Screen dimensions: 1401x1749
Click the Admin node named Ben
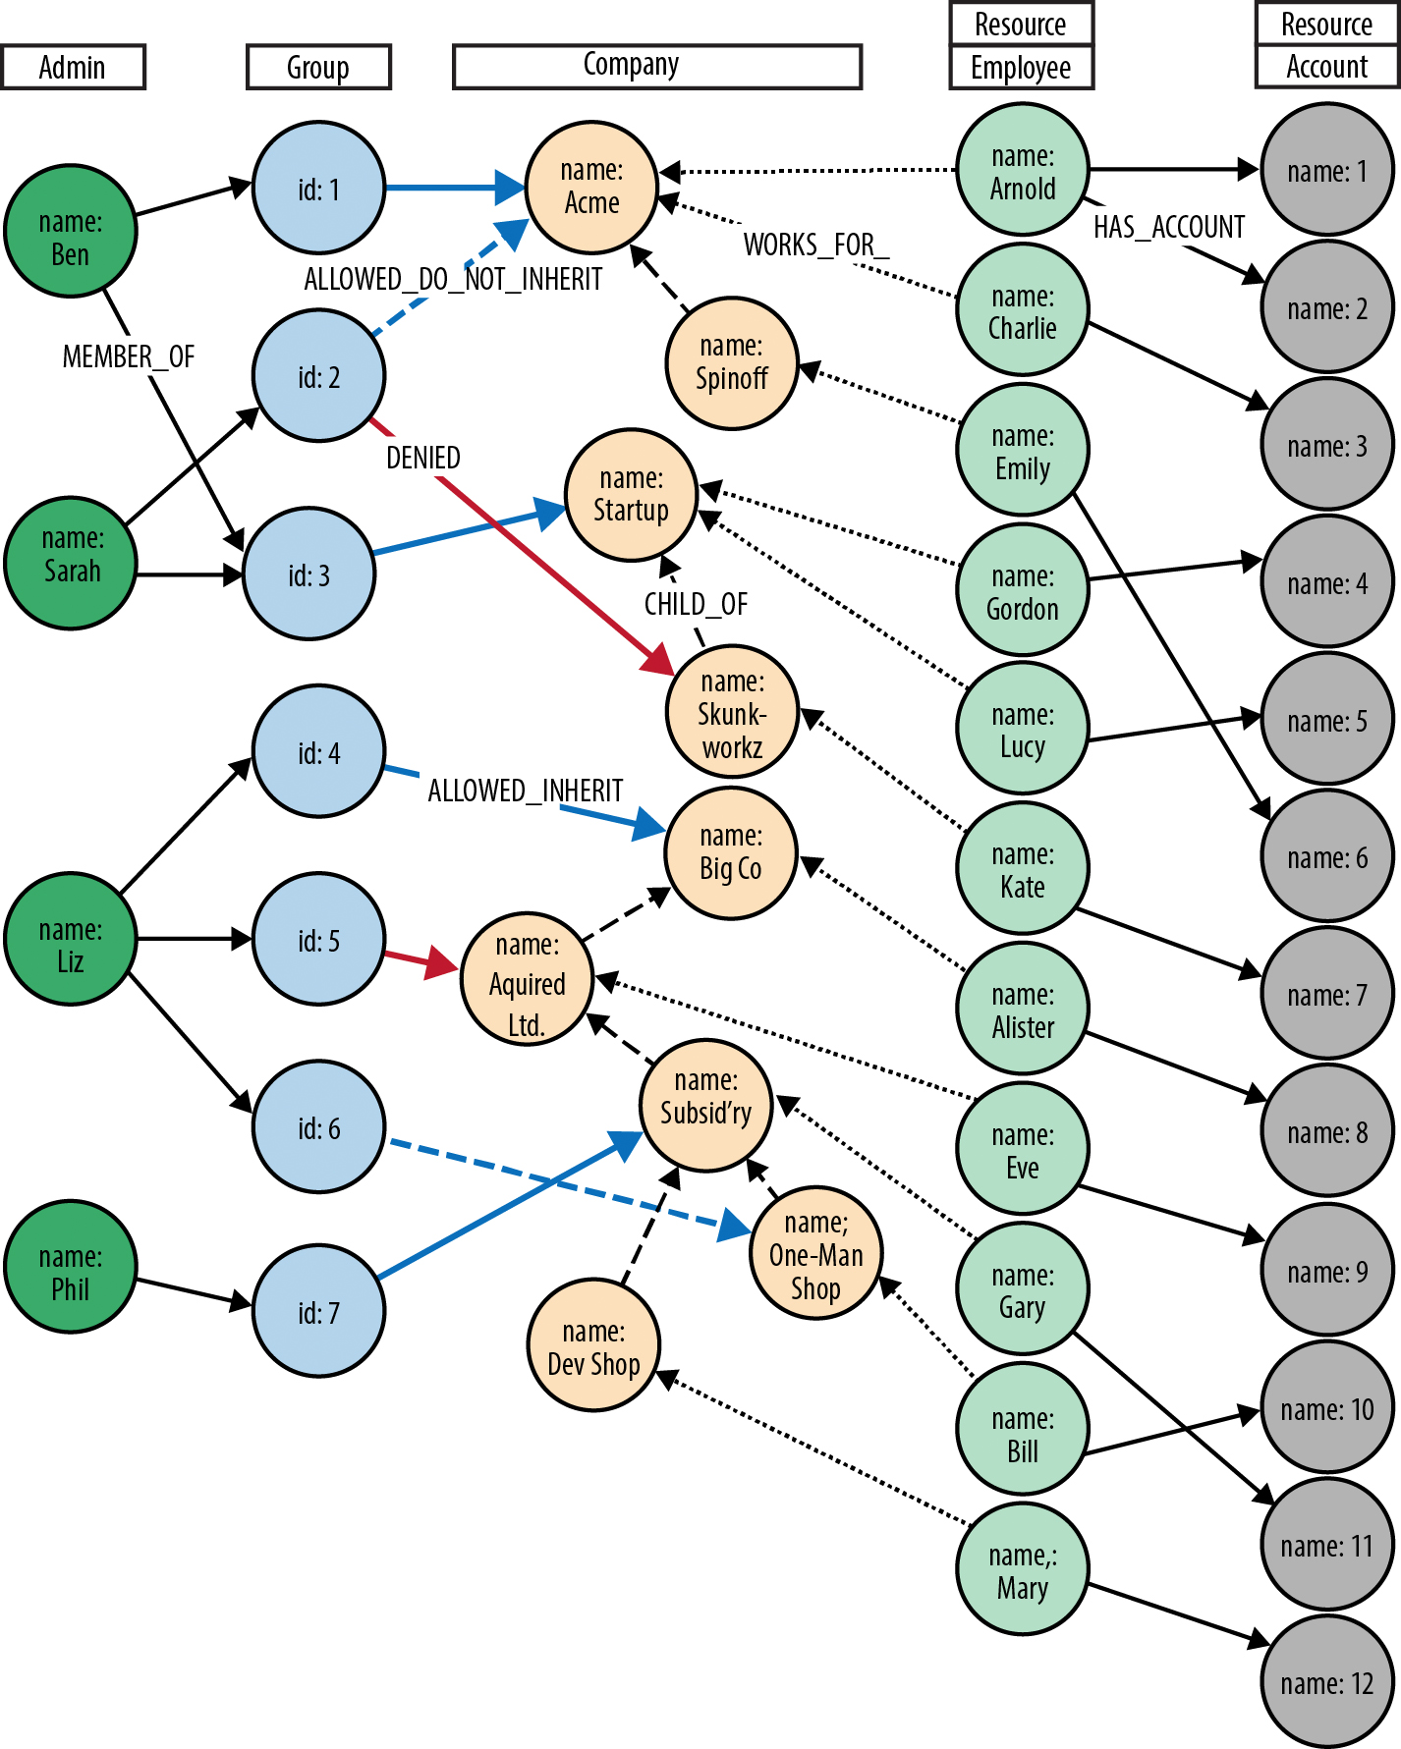[71, 231]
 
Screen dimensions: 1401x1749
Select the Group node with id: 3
[308, 574]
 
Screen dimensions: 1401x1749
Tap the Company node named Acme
[591, 187]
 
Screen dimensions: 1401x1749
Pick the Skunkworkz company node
[732, 712]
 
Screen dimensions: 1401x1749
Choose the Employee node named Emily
[1023, 449]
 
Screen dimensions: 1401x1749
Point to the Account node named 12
[1327, 1682]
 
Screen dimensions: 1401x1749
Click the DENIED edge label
[423, 458]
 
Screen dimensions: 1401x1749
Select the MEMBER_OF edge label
[129, 356]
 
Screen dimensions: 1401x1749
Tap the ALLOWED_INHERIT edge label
[526, 791]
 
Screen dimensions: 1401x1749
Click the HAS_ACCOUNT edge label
[1169, 227]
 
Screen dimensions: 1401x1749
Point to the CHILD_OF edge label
[696, 604]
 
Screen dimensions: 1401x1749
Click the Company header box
[657, 67]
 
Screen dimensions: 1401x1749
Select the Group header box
[318, 67]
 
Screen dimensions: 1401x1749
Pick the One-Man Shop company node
[815, 1254]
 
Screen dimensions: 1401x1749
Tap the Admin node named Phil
[71, 1267]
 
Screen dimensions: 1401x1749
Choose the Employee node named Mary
[1023, 1569]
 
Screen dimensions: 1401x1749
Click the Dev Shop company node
[593, 1345]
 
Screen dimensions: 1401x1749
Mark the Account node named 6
[1327, 856]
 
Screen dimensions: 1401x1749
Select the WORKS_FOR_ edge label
[816, 245]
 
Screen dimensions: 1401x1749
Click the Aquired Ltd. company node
[528, 981]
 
